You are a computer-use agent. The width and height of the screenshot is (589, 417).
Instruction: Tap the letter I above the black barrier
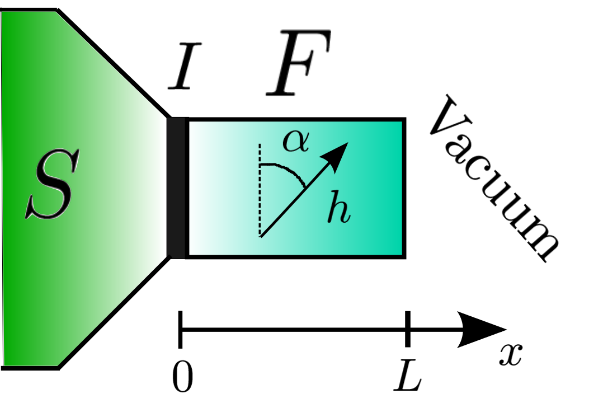185,71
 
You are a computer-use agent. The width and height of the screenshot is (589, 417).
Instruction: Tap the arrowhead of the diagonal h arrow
339,153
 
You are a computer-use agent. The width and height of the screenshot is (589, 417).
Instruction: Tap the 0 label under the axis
182,379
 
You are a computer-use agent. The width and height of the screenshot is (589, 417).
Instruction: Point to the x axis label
510,354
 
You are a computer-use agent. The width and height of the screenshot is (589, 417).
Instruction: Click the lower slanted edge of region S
112,313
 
